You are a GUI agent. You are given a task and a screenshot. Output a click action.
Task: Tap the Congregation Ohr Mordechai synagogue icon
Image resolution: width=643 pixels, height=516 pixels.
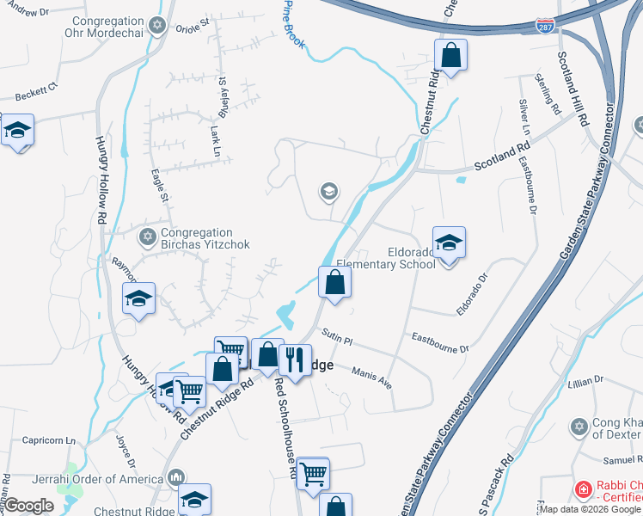click(x=156, y=27)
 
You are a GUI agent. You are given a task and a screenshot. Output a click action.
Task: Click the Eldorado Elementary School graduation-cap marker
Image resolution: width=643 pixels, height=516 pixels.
click(x=449, y=243)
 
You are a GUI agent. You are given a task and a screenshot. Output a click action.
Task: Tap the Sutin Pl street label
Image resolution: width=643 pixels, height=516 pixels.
click(x=338, y=335)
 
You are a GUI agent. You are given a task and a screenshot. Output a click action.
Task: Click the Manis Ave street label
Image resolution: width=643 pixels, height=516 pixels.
click(x=372, y=376)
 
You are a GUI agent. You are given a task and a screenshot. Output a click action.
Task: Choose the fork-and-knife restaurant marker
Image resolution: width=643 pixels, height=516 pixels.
click(x=295, y=359)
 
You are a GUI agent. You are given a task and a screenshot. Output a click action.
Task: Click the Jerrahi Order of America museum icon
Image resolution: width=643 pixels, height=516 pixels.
click(x=176, y=476)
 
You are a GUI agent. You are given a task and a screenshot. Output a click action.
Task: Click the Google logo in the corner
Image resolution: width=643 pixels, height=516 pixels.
click(x=29, y=506)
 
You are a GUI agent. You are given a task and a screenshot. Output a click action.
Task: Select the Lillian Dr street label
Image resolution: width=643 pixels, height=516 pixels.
click(x=587, y=381)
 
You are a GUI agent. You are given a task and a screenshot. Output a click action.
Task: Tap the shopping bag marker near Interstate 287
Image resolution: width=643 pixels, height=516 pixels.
click(x=450, y=56)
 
